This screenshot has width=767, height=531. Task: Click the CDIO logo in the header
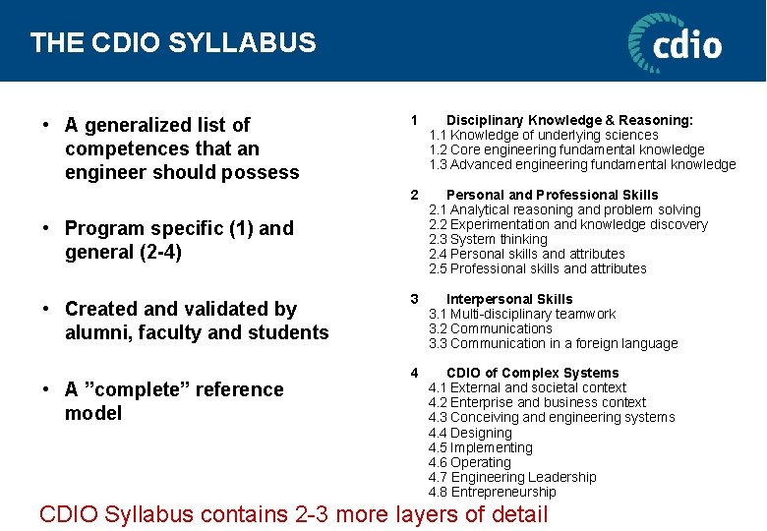(x=675, y=43)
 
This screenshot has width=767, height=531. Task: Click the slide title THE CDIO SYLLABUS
(x=173, y=43)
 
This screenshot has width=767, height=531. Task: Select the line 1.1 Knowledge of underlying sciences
(x=544, y=135)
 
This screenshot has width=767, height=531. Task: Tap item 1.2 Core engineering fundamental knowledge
(x=566, y=149)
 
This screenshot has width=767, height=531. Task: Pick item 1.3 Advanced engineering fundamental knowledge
(x=582, y=164)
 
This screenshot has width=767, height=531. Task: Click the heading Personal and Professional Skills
(x=552, y=195)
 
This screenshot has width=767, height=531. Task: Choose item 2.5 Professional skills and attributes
(x=538, y=268)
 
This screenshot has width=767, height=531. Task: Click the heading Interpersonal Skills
(x=508, y=299)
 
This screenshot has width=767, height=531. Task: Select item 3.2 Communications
(x=490, y=328)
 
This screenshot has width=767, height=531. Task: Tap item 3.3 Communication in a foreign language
(x=553, y=343)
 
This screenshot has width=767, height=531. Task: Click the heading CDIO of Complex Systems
(x=532, y=373)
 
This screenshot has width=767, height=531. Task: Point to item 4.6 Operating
(x=469, y=462)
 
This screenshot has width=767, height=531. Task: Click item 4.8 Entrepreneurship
(x=492, y=492)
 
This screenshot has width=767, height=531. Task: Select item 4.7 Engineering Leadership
(x=512, y=477)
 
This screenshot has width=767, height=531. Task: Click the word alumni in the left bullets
(x=95, y=332)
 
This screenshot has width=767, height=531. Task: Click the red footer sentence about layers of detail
(x=292, y=513)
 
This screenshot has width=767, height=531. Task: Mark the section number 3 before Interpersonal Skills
(x=414, y=299)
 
